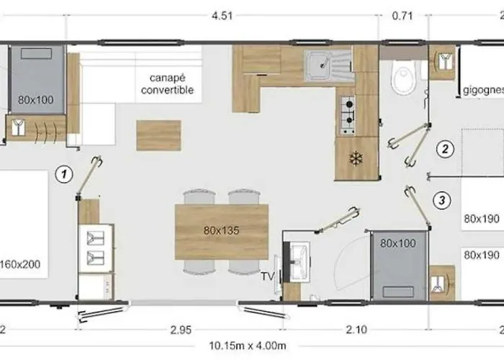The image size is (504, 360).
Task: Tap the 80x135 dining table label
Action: click(x=221, y=231)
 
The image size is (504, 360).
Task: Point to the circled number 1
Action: click(x=65, y=173)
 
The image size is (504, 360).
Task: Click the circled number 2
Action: click(x=446, y=150)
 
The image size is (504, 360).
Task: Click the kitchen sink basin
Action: click(x=317, y=66)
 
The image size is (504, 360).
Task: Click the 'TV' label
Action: click(x=267, y=276)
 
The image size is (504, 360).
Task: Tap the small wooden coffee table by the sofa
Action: click(x=159, y=134)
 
